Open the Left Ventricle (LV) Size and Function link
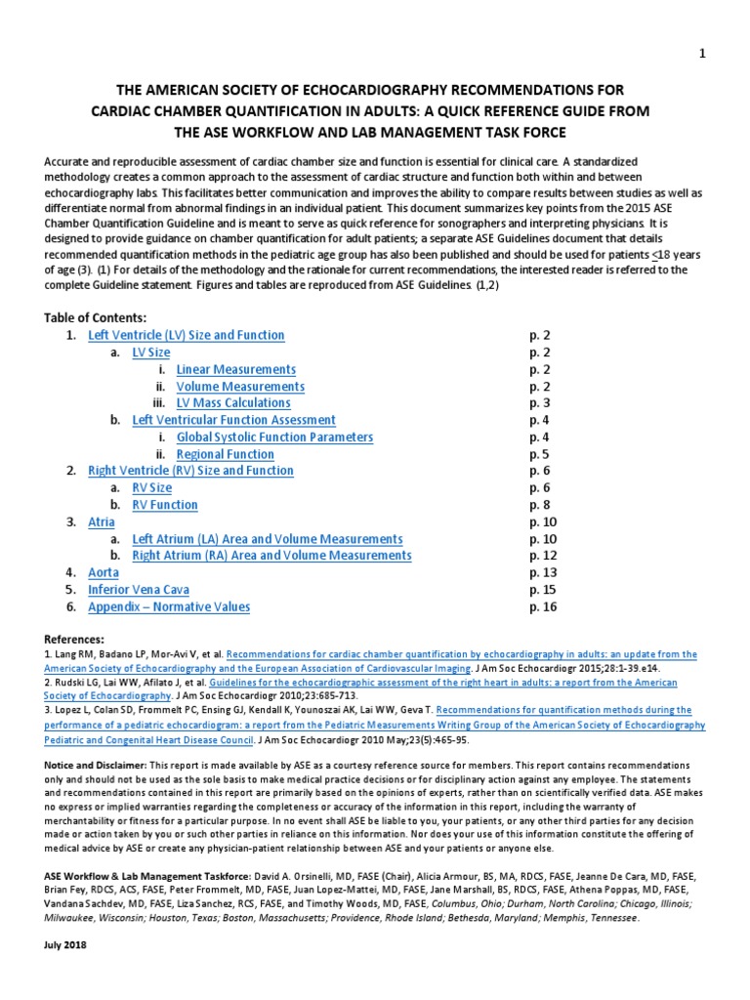tap(186, 335)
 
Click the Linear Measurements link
tap(235, 369)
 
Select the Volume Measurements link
tap(240, 387)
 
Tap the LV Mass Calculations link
tap(233, 403)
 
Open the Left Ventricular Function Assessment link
tap(233, 420)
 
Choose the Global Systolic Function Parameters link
tap(274, 437)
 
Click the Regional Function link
tap(225, 454)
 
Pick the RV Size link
tap(151, 488)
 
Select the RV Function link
tap(164, 505)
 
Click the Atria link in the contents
tap(102, 522)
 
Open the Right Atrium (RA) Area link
tap(271, 556)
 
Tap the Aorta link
tap(104, 572)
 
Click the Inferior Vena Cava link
tap(139, 590)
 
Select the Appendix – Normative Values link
tap(169, 606)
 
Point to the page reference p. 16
tap(543, 606)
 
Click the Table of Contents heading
tap(96, 318)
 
